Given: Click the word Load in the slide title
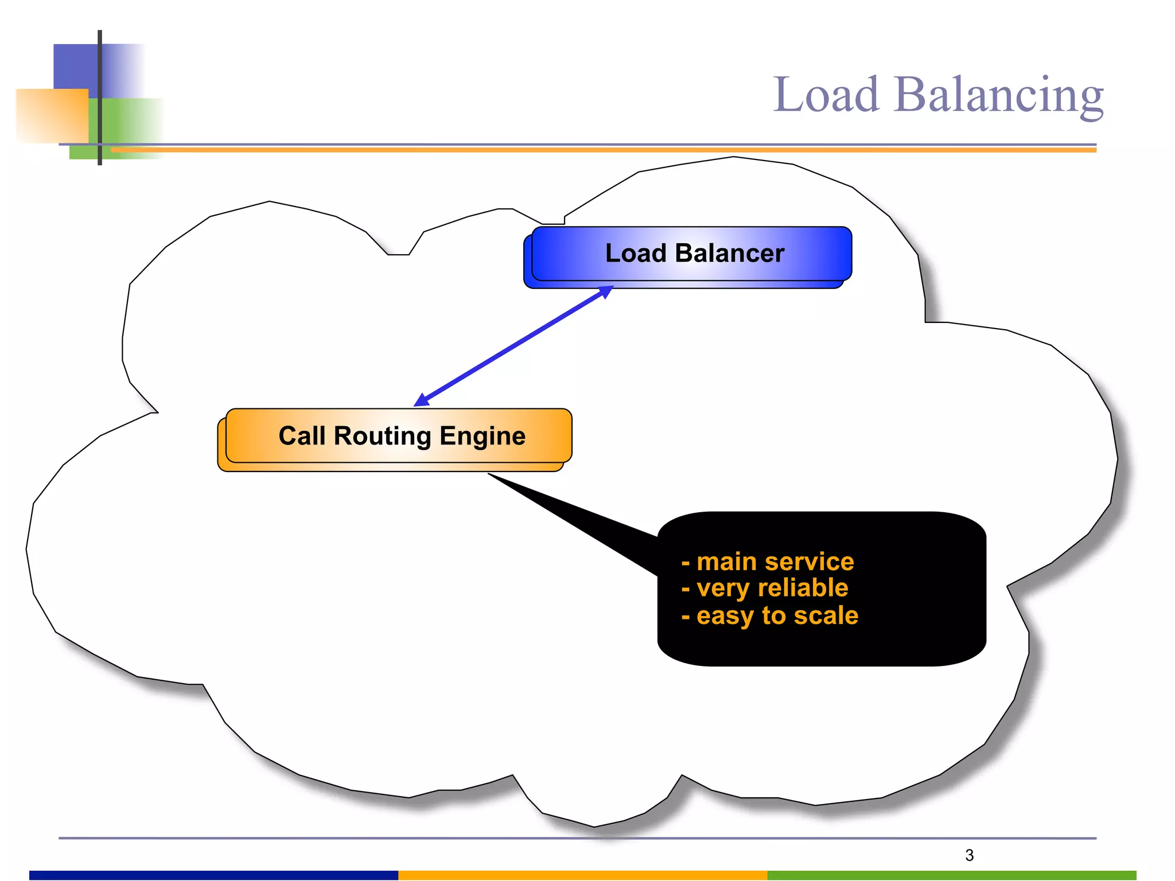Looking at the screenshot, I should coord(826,95).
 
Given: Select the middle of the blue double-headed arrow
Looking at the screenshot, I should coord(513,346).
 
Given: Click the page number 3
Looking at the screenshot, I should coord(969,855).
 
